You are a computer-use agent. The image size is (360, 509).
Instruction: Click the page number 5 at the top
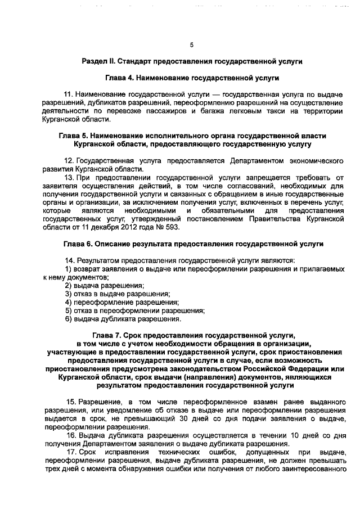pyautogui.click(x=191, y=44)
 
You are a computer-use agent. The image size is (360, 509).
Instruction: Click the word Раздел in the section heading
pyautogui.click(x=94, y=60)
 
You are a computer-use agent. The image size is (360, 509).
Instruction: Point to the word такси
pyautogui.click(x=270, y=111)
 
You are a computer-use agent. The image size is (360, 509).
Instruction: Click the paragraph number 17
pyautogui.click(x=70, y=452)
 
